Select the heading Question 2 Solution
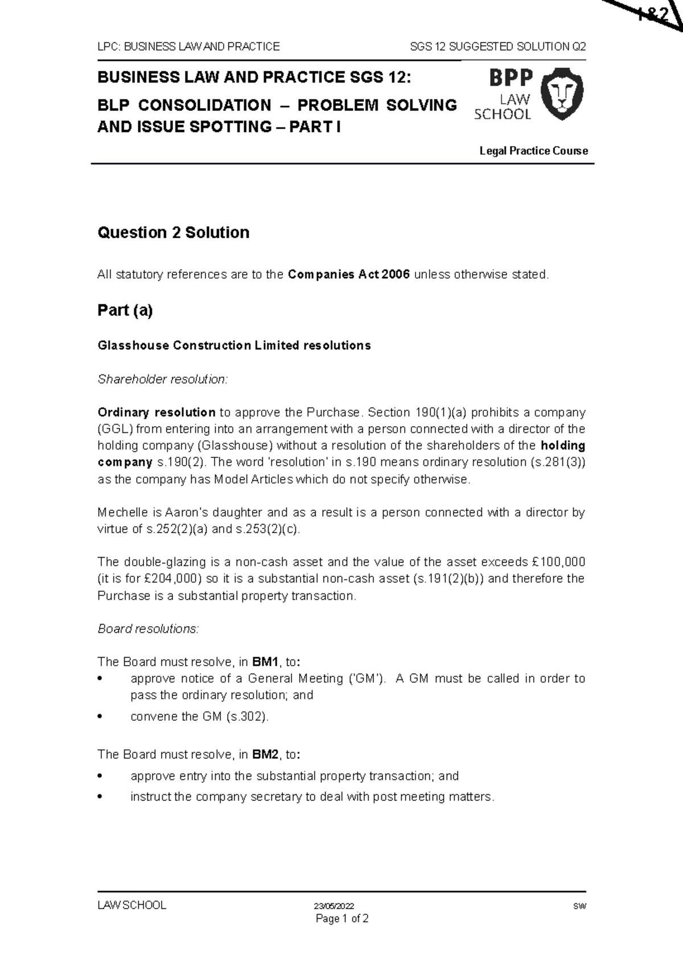(174, 233)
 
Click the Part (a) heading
(125, 311)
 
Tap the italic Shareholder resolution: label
(162, 379)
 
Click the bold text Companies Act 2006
(349, 275)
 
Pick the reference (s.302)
(247, 717)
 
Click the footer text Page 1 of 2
(342, 919)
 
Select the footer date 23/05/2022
(334, 906)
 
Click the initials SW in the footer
(580, 906)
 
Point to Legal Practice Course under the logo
(533, 151)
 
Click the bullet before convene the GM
(100, 717)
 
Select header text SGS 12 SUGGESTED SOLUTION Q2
(498, 47)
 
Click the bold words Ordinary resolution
(157, 412)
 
